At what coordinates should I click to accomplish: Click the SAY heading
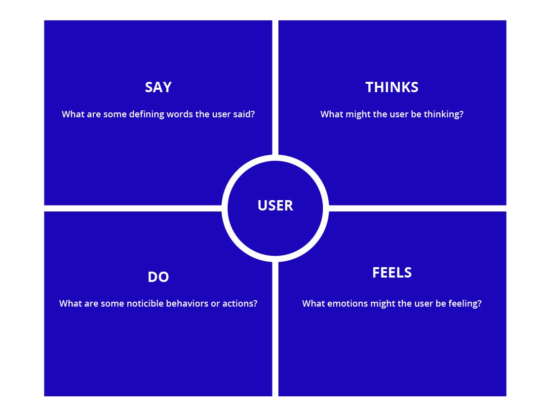(158, 87)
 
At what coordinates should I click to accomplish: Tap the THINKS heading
(392, 87)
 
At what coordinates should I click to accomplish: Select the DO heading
(158, 277)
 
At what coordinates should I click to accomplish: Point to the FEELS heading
(392, 273)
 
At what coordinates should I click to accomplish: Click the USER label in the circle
(275, 206)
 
